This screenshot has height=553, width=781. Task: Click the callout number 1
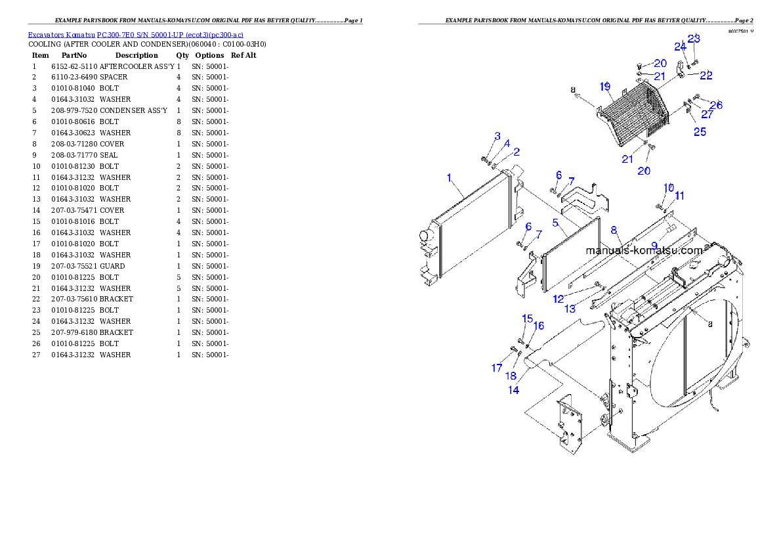pyautogui.click(x=449, y=177)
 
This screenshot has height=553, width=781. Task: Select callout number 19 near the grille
pyautogui.click(x=605, y=87)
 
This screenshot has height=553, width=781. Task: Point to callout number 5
pyautogui.click(x=555, y=223)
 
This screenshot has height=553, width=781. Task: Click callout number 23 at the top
pyautogui.click(x=694, y=39)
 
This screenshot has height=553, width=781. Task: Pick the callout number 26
pyautogui.click(x=716, y=104)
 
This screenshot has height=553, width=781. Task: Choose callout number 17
pyautogui.click(x=497, y=368)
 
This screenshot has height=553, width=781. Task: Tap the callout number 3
pyautogui.click(x=497, y=136)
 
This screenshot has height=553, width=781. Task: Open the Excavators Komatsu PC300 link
pyautogui.click(x=135, y=35)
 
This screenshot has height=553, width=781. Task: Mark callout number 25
pyautogui.click(x=700, y=132)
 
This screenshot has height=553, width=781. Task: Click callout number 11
pyautogui.click(x=680, y=195)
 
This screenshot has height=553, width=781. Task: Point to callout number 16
pyautogui.click(x=538, y=326)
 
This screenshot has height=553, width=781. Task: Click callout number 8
pyautogui.click(x=614, y=230)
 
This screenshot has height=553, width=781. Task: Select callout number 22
pyautogui.click(x=706, y=76)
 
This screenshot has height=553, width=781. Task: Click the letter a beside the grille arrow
pyautogui.click(x=573, y=89)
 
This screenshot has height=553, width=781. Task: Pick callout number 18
pyautogui.click(x=511, y=376)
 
